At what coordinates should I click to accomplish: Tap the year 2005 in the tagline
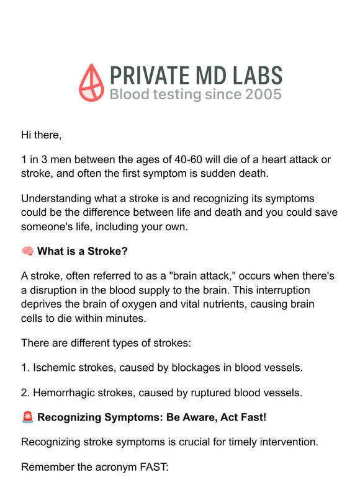click(263, 94)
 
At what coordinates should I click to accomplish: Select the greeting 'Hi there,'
click(42, 134)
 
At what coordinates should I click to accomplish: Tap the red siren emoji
click(27, 417)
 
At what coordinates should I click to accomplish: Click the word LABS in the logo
click(257, 76)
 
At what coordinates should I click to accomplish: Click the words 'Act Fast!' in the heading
click(243, 417)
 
